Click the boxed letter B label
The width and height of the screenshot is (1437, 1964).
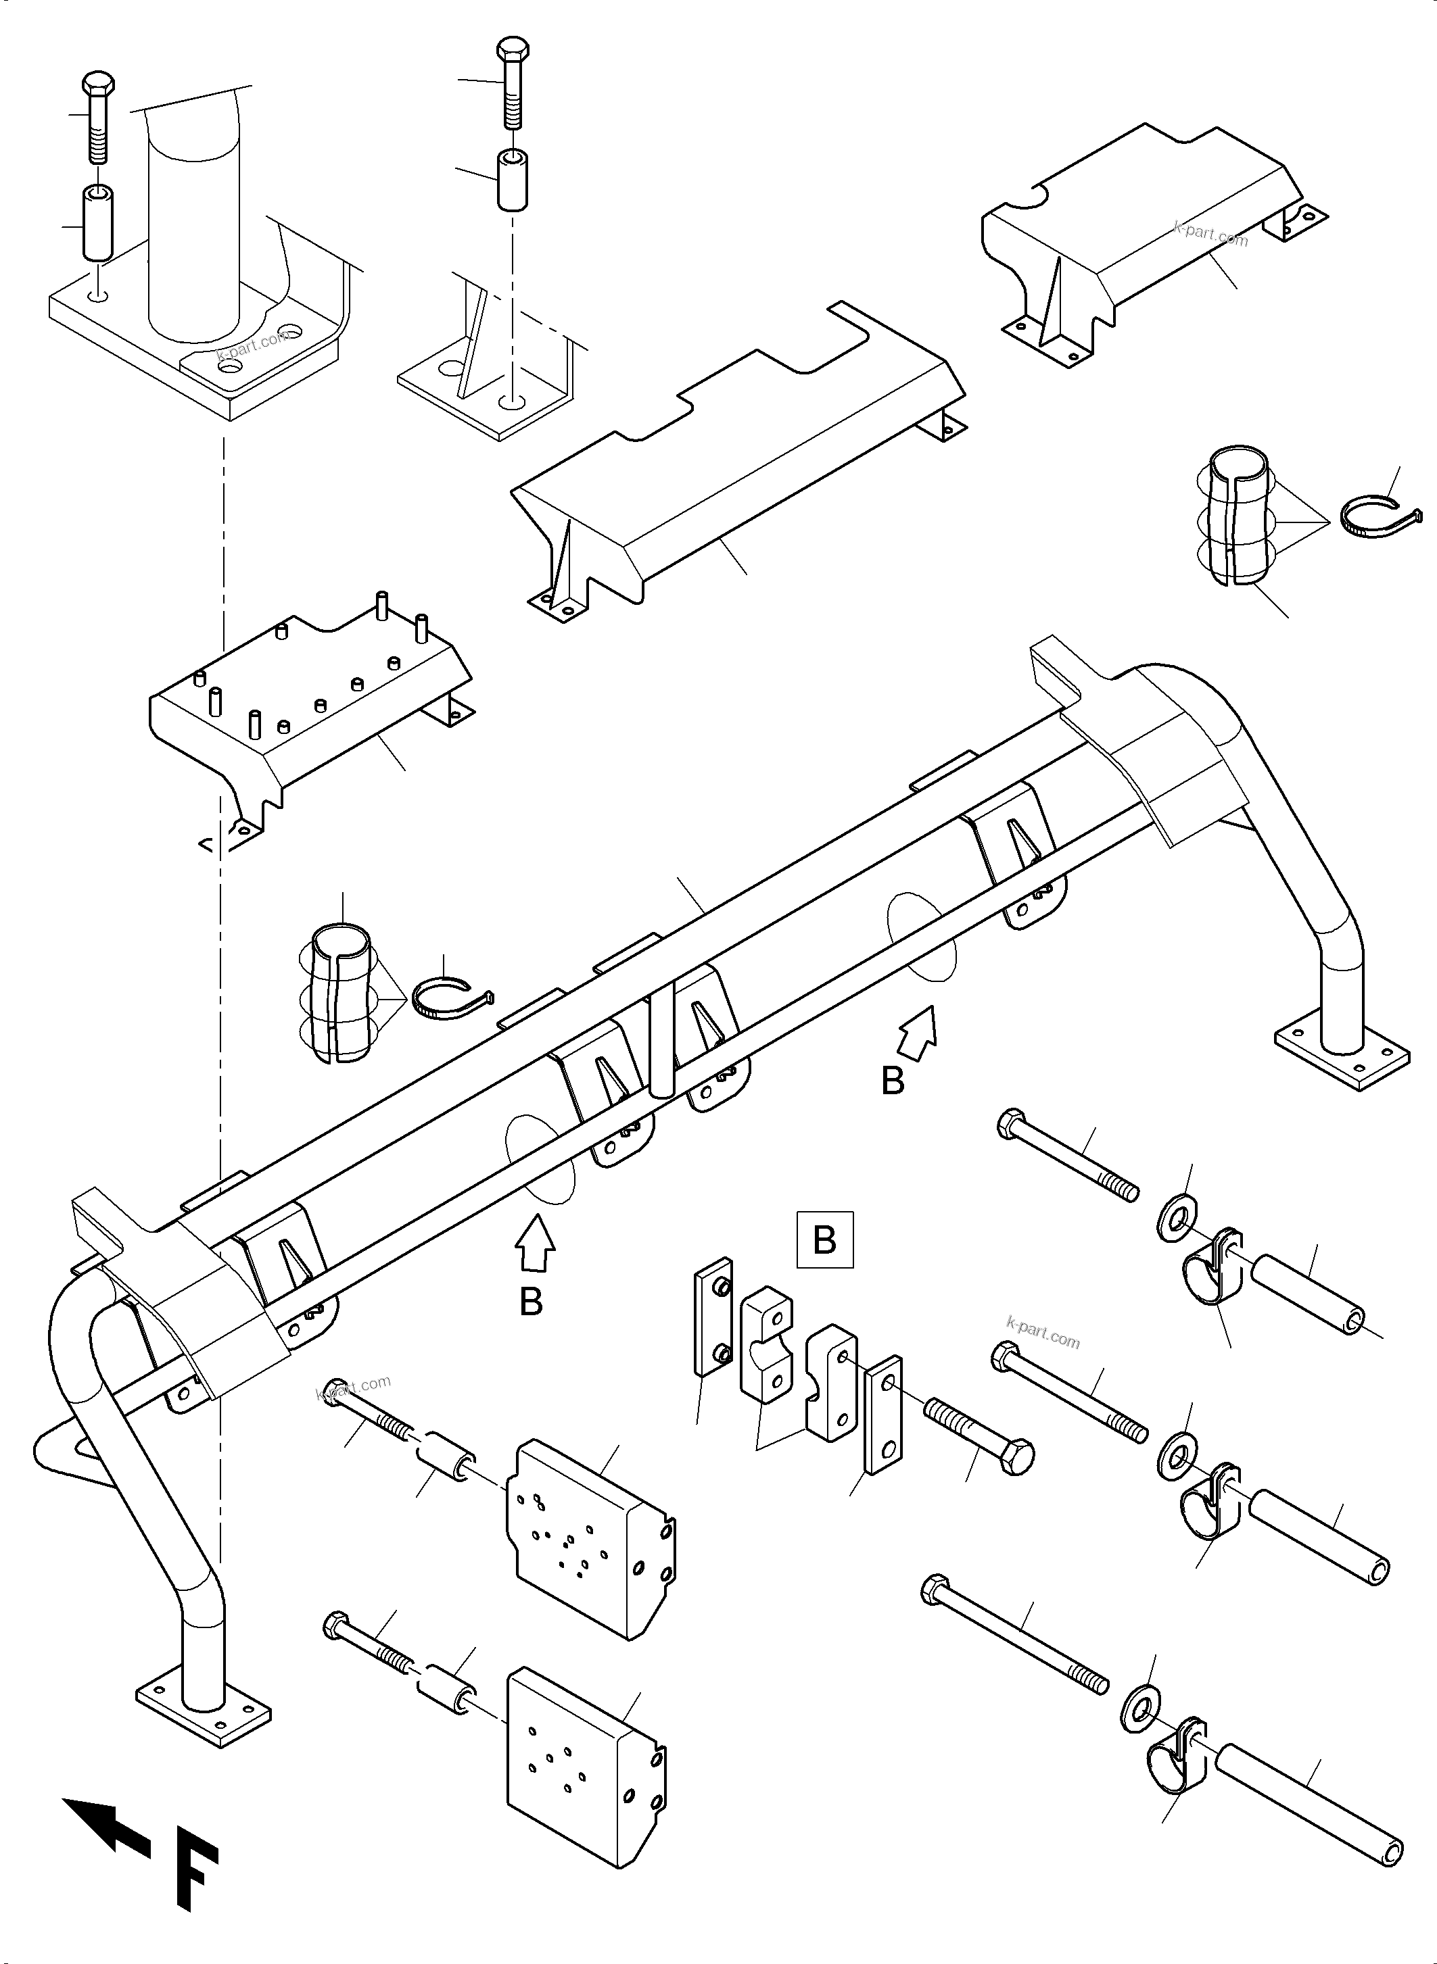tap(824, 1239)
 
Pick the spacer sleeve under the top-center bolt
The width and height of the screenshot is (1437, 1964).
tap(513, 180)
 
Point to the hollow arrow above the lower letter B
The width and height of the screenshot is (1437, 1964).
tap(535, 1245)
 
